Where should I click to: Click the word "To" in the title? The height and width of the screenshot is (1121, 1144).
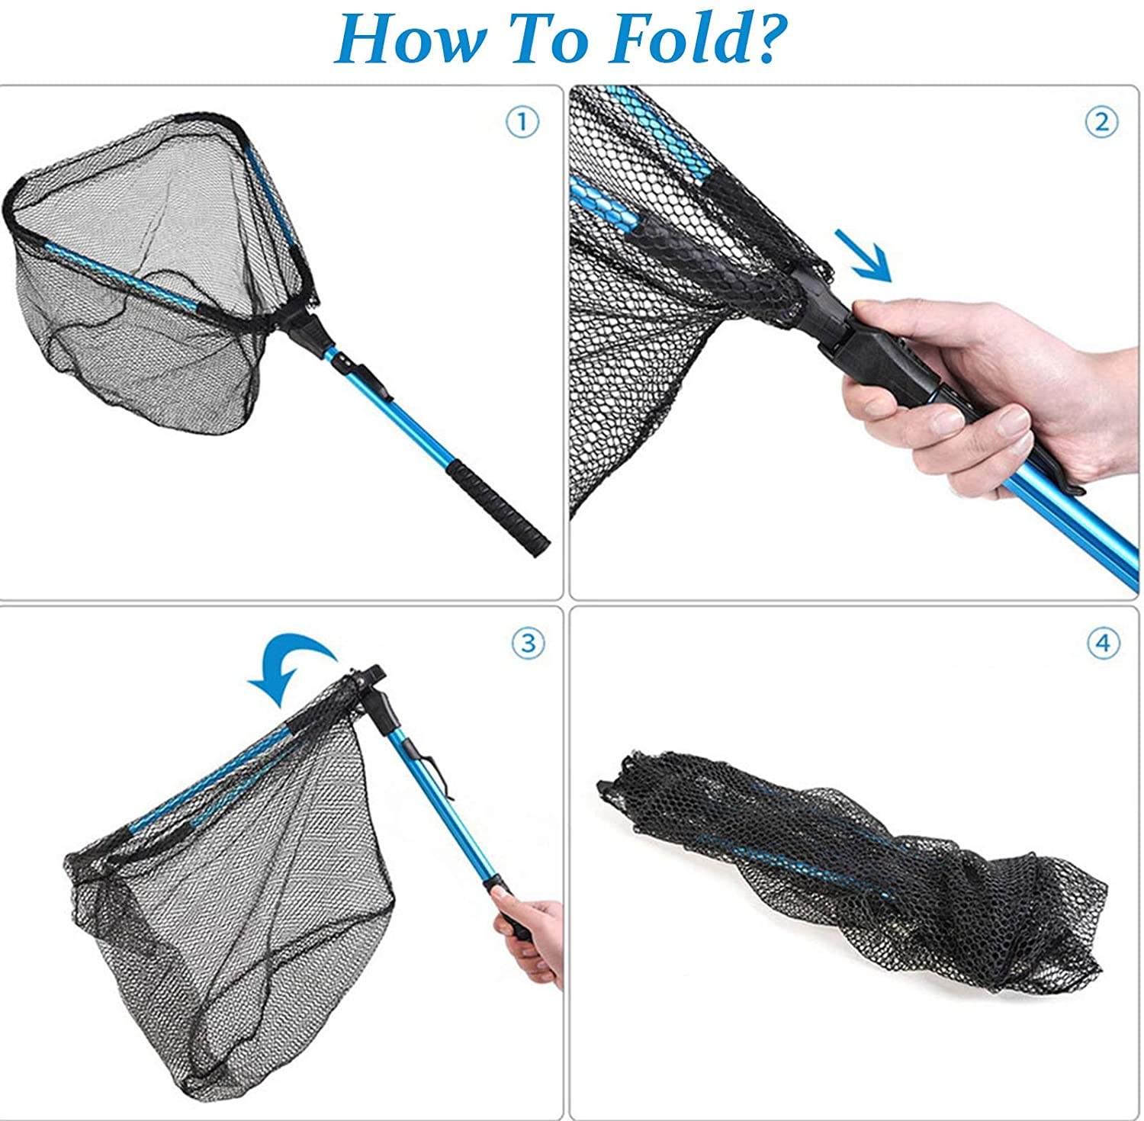557,42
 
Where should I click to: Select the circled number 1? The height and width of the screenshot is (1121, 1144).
522,122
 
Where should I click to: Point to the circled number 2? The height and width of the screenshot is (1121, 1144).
1101,122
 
